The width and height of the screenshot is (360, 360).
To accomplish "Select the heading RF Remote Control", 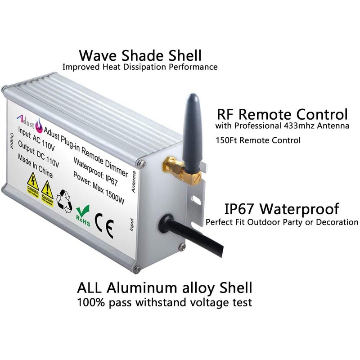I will (x=282, y=113).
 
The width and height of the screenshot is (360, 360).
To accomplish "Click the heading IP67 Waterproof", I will (x=281, y=209).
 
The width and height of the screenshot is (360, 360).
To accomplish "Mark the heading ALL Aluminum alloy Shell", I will (x=164, y=288).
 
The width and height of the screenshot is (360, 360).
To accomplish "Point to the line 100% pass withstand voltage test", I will (x=164, y=302).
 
